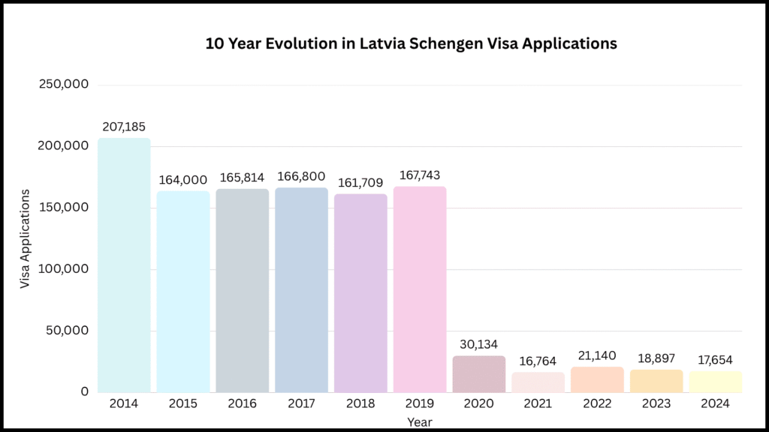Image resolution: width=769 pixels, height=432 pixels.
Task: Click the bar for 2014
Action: point(124,265)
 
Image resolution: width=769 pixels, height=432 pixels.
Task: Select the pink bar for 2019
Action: point(420,289)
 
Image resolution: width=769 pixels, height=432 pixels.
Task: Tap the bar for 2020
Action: point(479,373)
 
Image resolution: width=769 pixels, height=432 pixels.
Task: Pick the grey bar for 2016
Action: point(242,290)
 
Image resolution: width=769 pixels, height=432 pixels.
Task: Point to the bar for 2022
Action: point(597,379)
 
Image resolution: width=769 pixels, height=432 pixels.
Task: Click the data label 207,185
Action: point(124,126)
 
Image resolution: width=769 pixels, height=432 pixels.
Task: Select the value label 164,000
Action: point(182,180)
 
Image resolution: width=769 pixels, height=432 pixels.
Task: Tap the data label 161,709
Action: point(360,182)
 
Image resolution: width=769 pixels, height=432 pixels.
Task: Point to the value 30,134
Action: point(479,344)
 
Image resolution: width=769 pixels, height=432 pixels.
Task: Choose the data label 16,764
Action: point(538,361)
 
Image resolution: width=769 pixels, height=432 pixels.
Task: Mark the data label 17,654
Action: point(715,360)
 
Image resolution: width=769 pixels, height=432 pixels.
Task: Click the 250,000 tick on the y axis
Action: point(63,85)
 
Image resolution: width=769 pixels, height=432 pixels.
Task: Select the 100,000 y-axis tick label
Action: point(63,268)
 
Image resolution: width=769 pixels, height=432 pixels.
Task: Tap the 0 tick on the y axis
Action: point(84,391)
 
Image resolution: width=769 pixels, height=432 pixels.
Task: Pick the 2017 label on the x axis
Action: point(301,403)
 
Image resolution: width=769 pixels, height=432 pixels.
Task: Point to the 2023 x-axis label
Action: point(656,403)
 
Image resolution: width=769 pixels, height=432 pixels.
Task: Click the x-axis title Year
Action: point(420,422)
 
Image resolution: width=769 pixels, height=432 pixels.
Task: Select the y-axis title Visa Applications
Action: point(26,239)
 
